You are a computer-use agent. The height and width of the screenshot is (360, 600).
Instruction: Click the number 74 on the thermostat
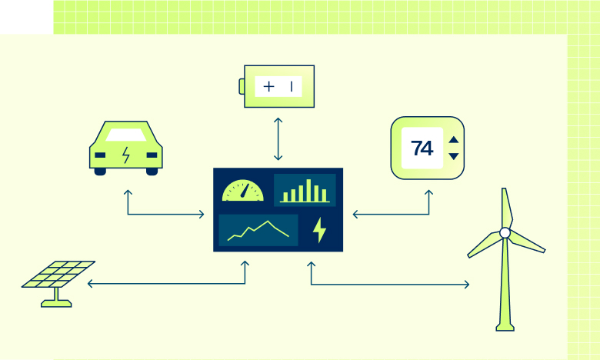pyautogui.click(x=422, y=148)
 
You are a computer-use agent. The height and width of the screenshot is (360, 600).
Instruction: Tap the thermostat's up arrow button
pyautogui.click(x=453, y=140)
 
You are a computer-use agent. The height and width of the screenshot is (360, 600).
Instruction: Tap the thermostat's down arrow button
pyautogui.click(x=453, y=156)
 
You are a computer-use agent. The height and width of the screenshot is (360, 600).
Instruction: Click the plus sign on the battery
pyautogui.click(x=269, y=86)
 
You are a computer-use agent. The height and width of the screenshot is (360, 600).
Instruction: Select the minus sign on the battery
pyautogui.click(x=292, y=86)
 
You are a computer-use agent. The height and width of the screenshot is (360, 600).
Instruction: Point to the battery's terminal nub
pyautogui.click(x=242, y=86)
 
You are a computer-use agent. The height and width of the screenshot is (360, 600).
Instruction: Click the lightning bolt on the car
pyautogui.click(x=126, y=155)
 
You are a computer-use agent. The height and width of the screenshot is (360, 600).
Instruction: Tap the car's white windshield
pyautogui.click(x=126, y=135)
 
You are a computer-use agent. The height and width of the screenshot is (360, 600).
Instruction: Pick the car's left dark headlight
pyautogui.click(x=100, y=155)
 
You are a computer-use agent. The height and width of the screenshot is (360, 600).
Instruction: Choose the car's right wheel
pyautogui.click(x=152, y=172)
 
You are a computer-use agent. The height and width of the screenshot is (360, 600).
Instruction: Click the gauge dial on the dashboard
pyautogui.click(x=243, y=191)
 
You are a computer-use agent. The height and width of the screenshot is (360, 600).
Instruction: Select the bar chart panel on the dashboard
pyautogui.click(x=305, y=190)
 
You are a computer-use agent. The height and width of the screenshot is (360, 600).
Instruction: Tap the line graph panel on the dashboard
pyautogui.click(x=258, y=230)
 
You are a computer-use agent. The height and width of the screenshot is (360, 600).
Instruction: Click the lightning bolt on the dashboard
pyautogui.click(x=319, y=230)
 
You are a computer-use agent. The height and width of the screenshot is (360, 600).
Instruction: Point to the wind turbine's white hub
pyautogui.click(x=505, y=232)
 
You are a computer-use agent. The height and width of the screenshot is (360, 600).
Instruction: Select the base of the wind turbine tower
pyautogui.click(x=505, y=327)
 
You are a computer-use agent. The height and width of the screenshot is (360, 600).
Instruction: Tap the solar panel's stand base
pyautogui.click(x=56, y=303)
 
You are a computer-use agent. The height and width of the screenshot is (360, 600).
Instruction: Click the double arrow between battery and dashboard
pyautogui.click(x=278, y=139)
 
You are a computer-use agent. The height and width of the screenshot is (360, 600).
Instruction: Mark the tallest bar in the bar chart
pyautogui.click(x=308, y=190)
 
